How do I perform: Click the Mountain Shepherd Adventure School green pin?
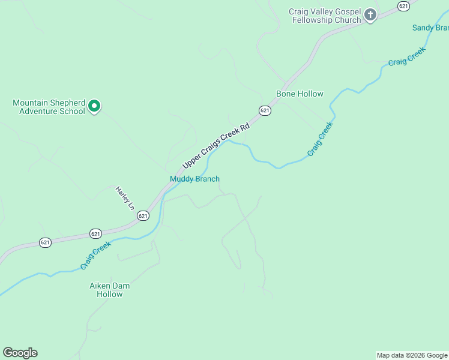click(x=94, y=106)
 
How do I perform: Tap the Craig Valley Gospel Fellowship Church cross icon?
click(x=370, y=15)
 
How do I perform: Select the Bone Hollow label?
click(x=300, y=94)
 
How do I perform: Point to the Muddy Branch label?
click(x=194, y=179)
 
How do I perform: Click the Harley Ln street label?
click(x=124, y=199)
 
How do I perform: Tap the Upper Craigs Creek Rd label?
click(x=215, y=146)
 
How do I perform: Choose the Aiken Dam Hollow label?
click(x=110, y=290)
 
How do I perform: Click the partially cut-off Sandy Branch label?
click(x=430, y=28)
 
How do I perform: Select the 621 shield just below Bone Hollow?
click(x=265, y=110)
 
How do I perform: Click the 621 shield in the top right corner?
click(x=403, y=5)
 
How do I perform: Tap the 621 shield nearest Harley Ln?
click(x=143, y=215)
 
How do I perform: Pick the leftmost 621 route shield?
click(x=46, y=242)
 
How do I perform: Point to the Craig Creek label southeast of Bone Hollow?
click(x=319, y=139)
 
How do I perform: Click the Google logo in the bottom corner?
click(x=20, y=353)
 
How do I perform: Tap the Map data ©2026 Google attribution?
click(x=412, y=355)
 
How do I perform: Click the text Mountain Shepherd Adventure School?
click(x=49, y=107)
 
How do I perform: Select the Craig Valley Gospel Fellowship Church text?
click(x=325, y=16)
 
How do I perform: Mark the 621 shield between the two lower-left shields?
click(x=95, y=233)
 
